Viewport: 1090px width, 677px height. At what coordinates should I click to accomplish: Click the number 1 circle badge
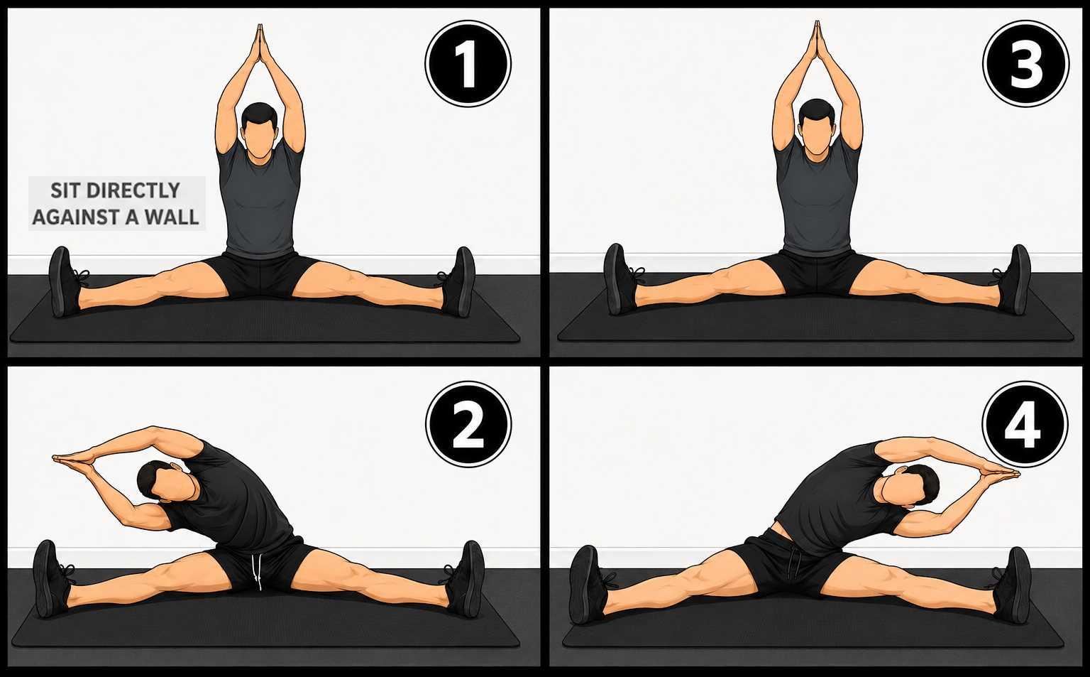coord(468,63)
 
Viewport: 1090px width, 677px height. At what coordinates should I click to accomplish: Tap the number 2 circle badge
coord(468,423)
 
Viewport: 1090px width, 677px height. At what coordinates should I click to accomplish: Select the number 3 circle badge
coord(1025,63)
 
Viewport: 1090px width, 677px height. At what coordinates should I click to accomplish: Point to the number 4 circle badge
coord(1025,423)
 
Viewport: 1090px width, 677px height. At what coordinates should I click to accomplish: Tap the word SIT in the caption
coord(65,190)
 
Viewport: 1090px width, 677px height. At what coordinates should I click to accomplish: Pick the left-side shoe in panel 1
coord(65,282)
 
